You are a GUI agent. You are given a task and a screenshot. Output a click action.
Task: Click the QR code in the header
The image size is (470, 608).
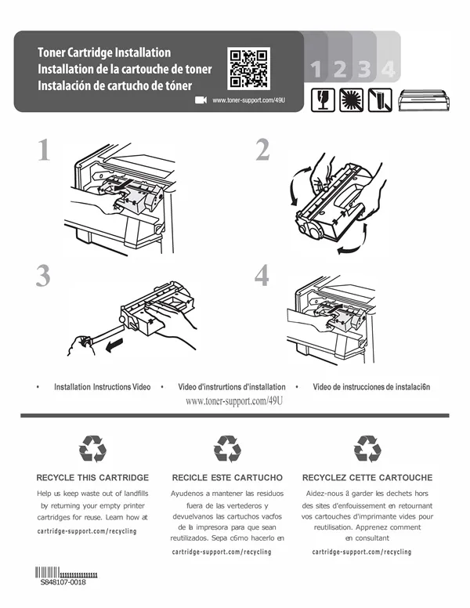pyautogui.click(x=248, y=68)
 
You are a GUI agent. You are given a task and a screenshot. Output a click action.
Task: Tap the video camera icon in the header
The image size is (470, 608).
pyautogui.click(x=201, y=100)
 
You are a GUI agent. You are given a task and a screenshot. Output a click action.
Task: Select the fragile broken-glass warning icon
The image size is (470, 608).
pyautogui.click(x=323, y=100)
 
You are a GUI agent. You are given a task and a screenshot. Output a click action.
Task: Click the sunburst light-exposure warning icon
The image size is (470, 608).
pyautogui.click(x=351, y=100)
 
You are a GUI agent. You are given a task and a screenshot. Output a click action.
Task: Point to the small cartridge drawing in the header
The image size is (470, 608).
pyautogui.click(x=425, y=100)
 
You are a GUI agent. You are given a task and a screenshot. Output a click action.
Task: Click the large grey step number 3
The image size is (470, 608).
pyautogui.click(x=43, y=276)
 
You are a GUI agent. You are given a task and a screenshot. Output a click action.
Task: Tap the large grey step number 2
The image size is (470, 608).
pyautogui.click(x=262, y=150)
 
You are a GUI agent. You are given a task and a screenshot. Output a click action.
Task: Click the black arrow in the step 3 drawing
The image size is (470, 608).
pyautogui.click(x=114, y=345)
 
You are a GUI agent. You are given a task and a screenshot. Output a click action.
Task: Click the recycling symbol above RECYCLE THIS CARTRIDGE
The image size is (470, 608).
pyautogui.click(x=92, y=449)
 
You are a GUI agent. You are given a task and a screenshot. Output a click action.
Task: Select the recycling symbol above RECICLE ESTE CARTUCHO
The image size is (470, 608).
pyautogui.click(x=227, y=449)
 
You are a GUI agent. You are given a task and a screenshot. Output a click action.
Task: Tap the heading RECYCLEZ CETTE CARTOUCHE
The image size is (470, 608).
pyautogui.click(x=367, y=478)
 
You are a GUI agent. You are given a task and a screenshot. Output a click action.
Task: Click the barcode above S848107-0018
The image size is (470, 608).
pyautogui.click(x=66, y=572)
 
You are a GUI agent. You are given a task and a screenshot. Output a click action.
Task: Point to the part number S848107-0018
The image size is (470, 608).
pyautogui.click(x=63, y=582)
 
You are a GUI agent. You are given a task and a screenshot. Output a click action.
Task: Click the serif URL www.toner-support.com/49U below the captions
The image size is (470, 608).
pyautogui.click(x=234, y=401)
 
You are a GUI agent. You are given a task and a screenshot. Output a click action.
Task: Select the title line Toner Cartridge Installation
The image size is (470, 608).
pyautogui.click(x=104, y=52)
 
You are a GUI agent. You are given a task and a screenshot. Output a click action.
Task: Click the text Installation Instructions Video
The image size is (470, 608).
pyautogui.click(x=103, y=386)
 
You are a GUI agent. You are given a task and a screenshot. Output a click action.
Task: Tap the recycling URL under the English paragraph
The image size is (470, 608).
pyautogui.click(x=87, y=531)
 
